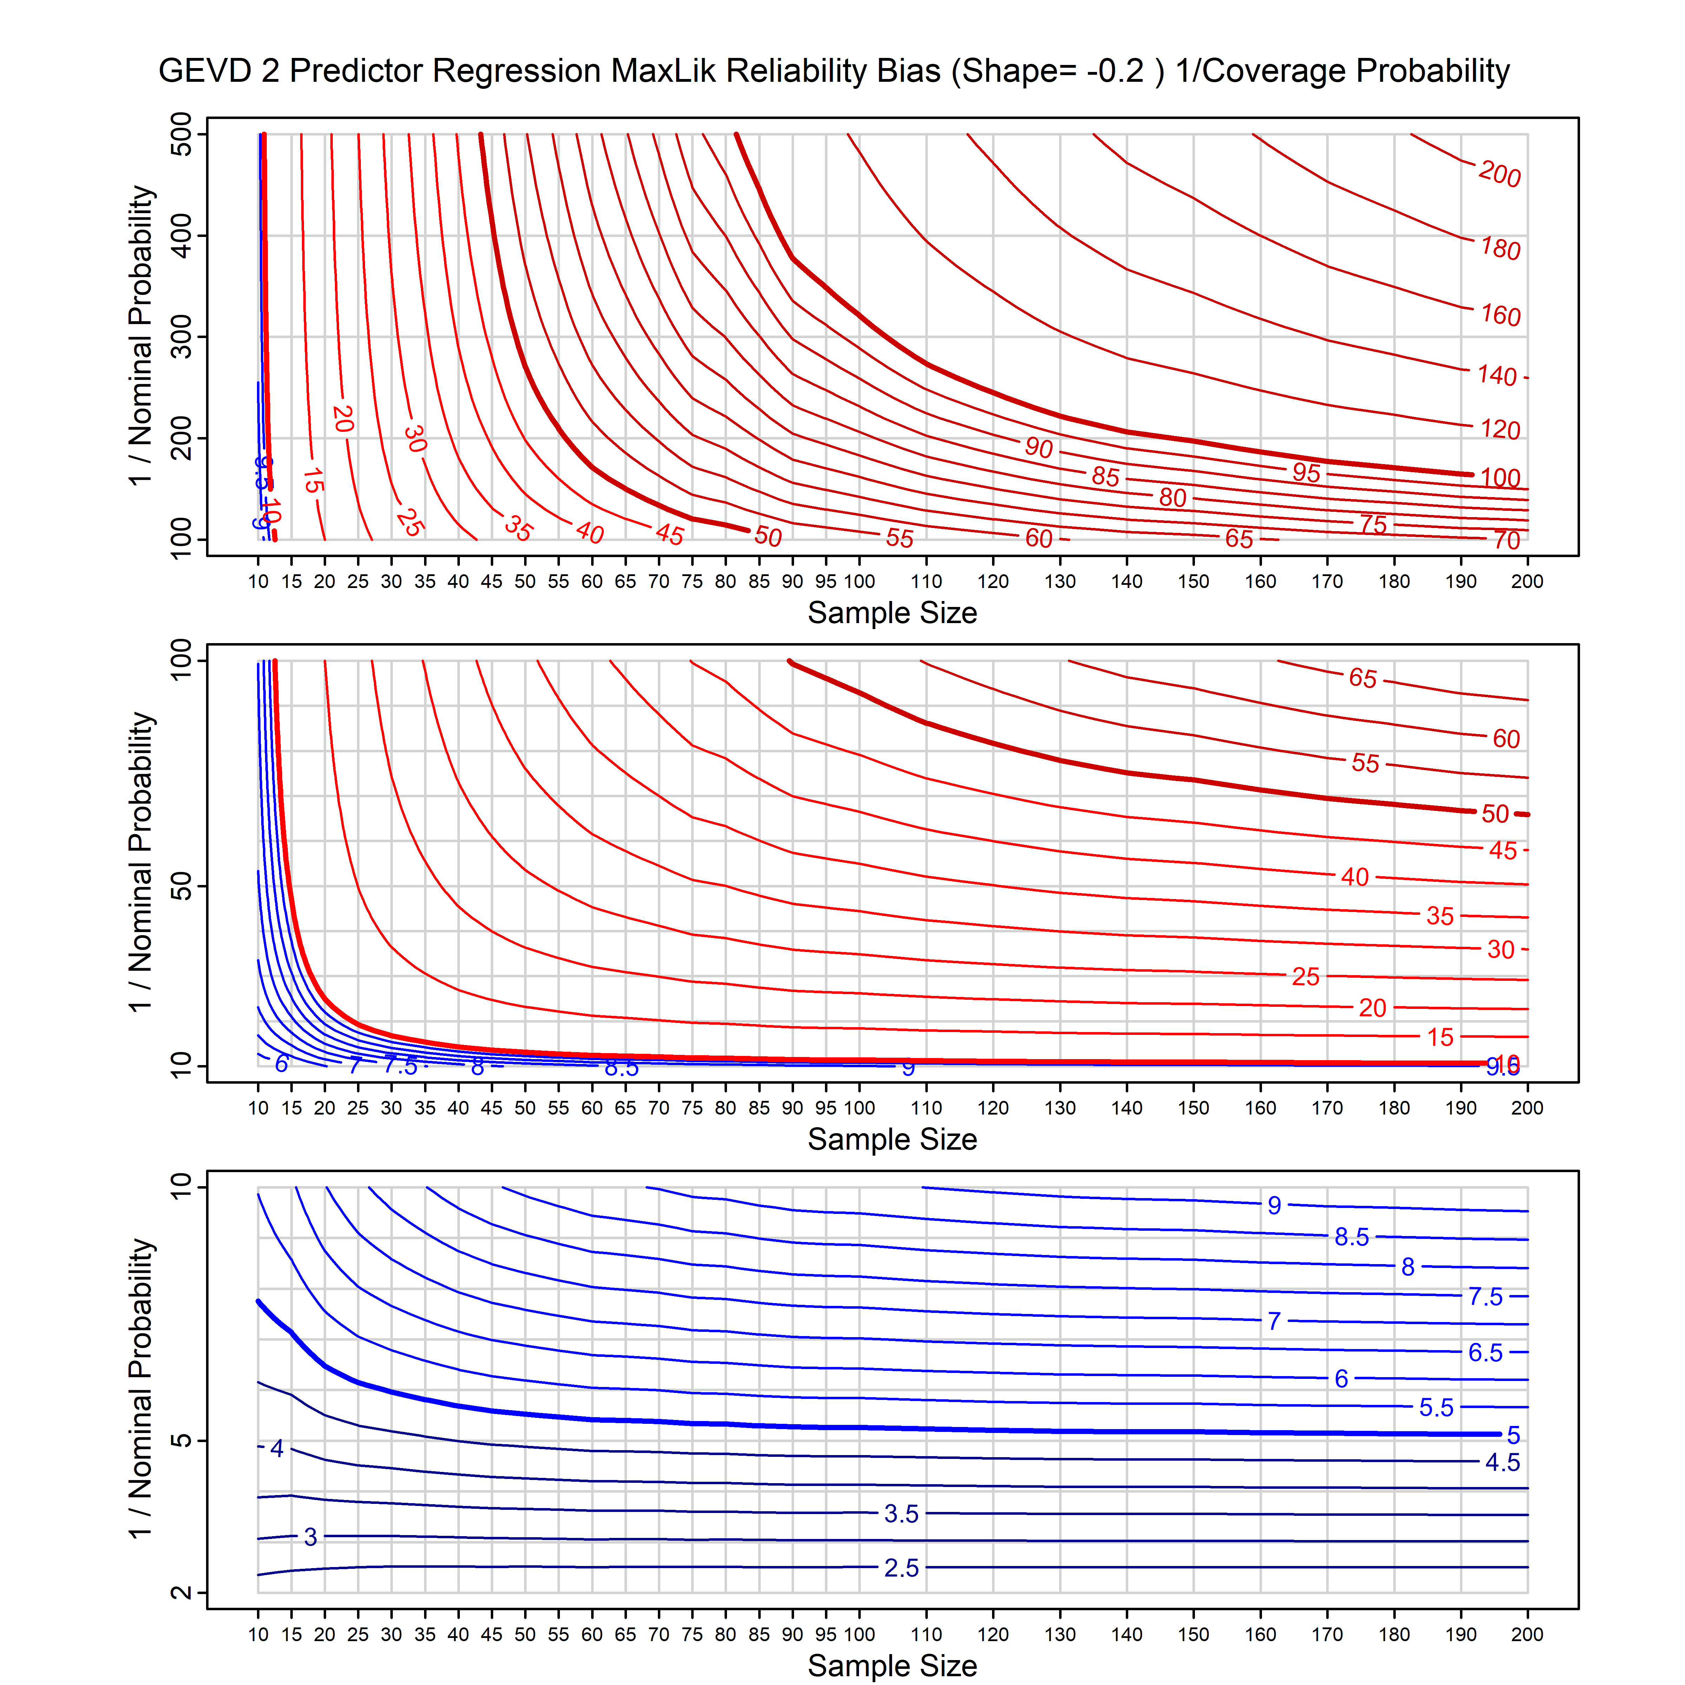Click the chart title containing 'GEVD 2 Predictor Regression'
coord(834,71)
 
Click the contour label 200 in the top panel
coord(1499,174)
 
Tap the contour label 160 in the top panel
coord(1500,315)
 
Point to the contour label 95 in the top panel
coord(1306,473)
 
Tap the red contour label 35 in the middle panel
coord(1440,916)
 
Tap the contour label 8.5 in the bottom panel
coord(1351,1237)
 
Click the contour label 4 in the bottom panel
coord(277,1449)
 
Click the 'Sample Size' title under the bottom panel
coord(892,1665)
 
